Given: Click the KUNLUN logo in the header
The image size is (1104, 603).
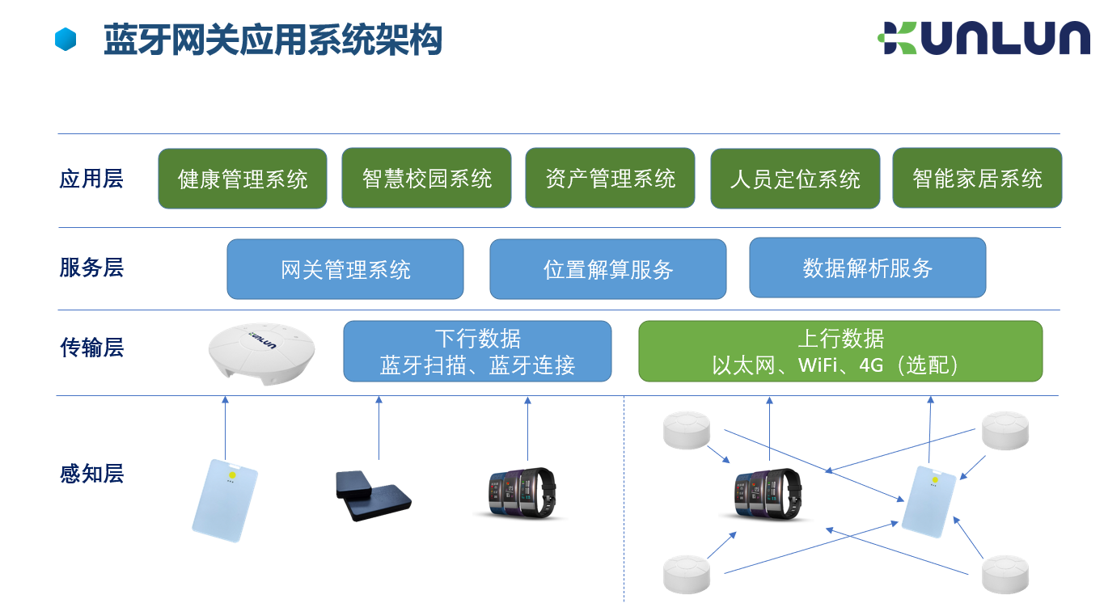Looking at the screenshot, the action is click(x=983, y=38).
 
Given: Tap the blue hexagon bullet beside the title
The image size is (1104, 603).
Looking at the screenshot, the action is click(x=66, y=40).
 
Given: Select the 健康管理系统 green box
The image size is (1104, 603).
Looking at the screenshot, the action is click(x=243, y=179).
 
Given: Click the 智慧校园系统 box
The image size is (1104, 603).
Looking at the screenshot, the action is click(x=426, y=178).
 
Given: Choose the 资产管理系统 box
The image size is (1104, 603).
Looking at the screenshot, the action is click(x=610, y=178).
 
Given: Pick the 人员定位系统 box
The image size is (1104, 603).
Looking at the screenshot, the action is click(x=795, y=179).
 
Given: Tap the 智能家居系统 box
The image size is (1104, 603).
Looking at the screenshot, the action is click(x=977, y=178).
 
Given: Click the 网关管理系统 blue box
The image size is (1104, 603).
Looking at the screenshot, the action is click(x=345, y=269).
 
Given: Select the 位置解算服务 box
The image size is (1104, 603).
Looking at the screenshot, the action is click(x=607, y=269).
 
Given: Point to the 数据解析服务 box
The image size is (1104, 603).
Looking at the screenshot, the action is click(x=867, y=268).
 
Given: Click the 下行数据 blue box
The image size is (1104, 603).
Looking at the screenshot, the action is click(x=477, y=352).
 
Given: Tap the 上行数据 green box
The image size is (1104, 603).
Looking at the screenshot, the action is click(x=840, y=352).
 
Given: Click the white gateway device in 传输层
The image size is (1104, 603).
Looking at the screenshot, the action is click(x=261, y=353).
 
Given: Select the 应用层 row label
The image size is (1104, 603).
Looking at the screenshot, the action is click(x=91, y=179).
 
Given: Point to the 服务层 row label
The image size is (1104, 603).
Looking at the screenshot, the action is click(x=91, y=268).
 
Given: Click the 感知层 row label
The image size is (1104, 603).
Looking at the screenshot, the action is click(x=91, y=474).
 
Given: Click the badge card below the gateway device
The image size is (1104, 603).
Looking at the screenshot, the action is click(x=225, y=500).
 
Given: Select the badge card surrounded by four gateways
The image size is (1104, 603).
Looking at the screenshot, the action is click(x=929, y=501).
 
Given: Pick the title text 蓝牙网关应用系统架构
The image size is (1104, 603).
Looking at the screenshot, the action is click(x=273, y=40).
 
